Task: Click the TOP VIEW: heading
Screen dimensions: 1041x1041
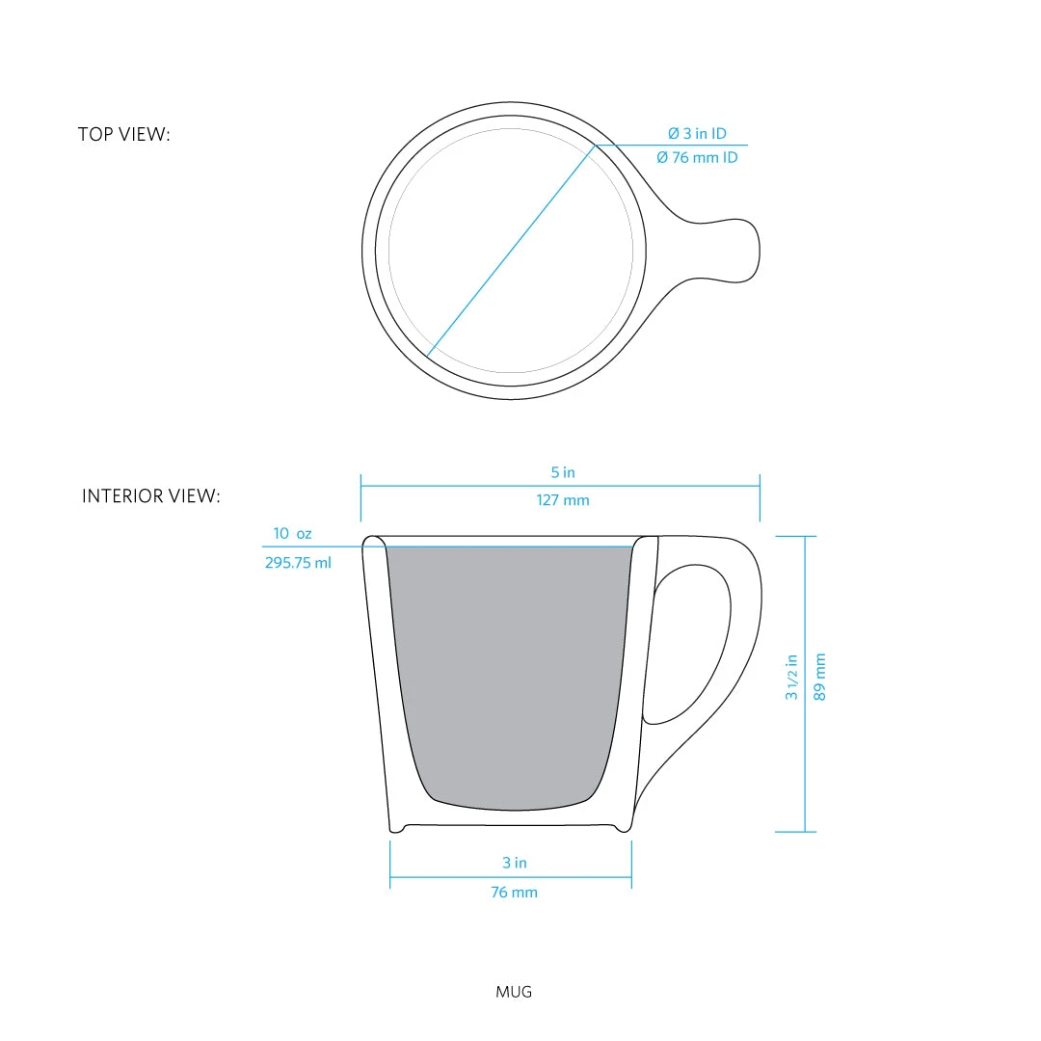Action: (x=123, y=135)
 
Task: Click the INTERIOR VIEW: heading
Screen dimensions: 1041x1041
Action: (x=150, y=496)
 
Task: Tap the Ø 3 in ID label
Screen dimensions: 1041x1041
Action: (x=697, y=134)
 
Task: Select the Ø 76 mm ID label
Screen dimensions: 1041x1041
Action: (x=697, y=157)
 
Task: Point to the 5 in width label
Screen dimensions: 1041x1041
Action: (x=563, y=472)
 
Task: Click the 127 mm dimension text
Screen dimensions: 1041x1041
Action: (x=563, y=500)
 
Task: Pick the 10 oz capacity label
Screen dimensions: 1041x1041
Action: (x=292, y=533)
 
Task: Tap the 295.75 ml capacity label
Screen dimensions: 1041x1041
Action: (x=298, y=563)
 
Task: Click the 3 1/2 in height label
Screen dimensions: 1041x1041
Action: (x=791, y=677)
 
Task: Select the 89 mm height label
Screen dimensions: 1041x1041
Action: (x=820, y=677)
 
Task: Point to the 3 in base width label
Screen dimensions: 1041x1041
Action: (x=515, y=863)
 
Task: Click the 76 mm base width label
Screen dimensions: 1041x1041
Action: (x=514, y=893)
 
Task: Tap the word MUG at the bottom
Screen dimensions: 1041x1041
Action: (x=514, y=991)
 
